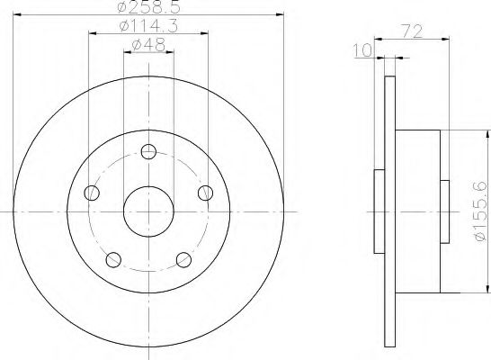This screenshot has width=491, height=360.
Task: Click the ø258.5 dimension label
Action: click(x=148, y=7)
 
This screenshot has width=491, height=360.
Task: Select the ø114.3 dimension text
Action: click(x=148, y=26)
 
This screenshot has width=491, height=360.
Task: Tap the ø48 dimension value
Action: click(x=148, y=45)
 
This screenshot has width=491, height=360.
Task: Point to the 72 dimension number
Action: click(x=412, y=31)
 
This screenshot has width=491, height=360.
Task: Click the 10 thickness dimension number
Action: click(x=362, y=50)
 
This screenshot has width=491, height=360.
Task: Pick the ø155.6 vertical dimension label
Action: click(x=482, y=211)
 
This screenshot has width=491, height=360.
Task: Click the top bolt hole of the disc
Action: click(x=148, y=151)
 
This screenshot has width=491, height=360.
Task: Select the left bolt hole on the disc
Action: click(x=92, y=193)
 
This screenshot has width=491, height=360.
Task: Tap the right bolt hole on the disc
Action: click(x=205, y=193)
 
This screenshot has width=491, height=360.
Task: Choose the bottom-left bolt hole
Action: click(x=113, y=259)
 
